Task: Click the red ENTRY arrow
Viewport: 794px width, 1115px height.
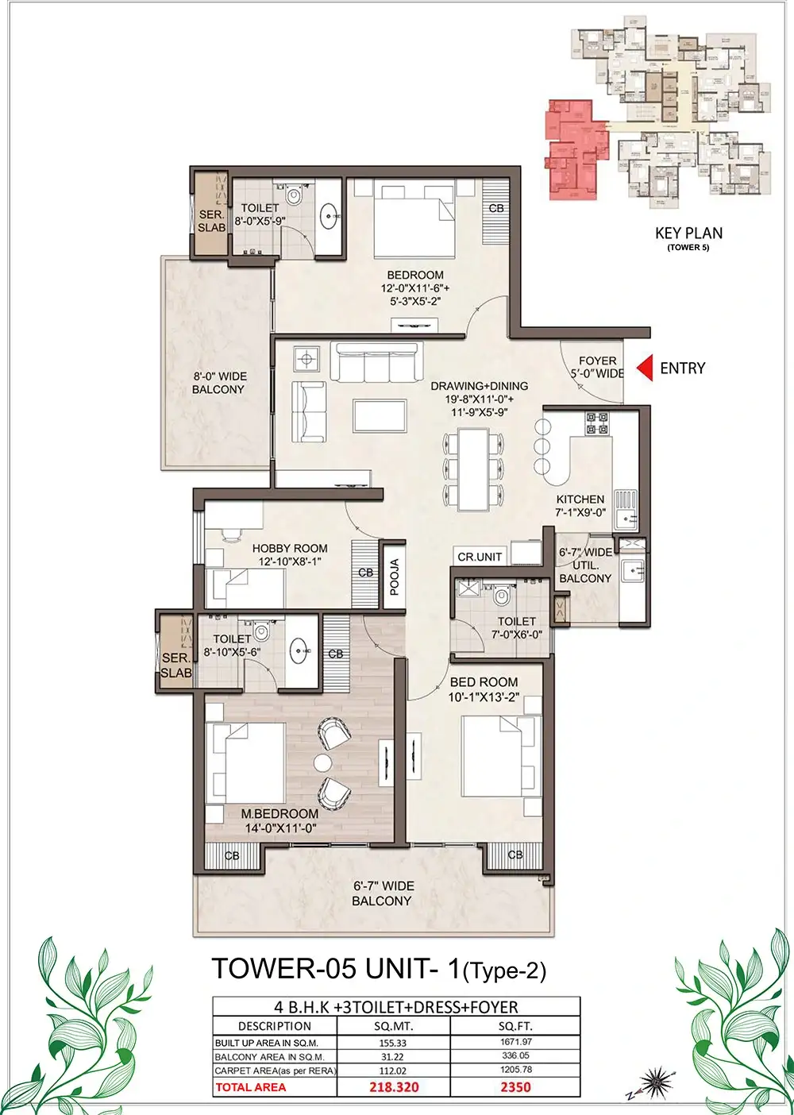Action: (x=646, y=368)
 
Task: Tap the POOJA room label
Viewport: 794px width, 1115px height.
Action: (x=395, y=577)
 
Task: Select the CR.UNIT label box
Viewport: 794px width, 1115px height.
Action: (x=480, y=557)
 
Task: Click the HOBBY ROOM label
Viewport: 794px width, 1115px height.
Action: (x=290, y=548)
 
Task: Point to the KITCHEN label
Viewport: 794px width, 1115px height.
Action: (x=580, y=499)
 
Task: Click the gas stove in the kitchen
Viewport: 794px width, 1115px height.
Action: (x=596, y=422)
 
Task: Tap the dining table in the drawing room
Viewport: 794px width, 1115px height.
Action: (x=473, y=469)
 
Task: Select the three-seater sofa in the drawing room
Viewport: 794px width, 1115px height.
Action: (x=376, y=362)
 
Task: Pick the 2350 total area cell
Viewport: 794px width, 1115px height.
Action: (x=515, y=1101)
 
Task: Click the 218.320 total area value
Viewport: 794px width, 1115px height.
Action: (x=394, y=1101)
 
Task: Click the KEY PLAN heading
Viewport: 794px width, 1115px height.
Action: (x=688, y=233)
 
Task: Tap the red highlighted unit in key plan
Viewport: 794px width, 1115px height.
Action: (x=576, y=150)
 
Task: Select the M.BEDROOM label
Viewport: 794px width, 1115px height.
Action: (x=279, y=814)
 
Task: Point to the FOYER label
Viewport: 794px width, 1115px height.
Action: (x=597, y=361)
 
